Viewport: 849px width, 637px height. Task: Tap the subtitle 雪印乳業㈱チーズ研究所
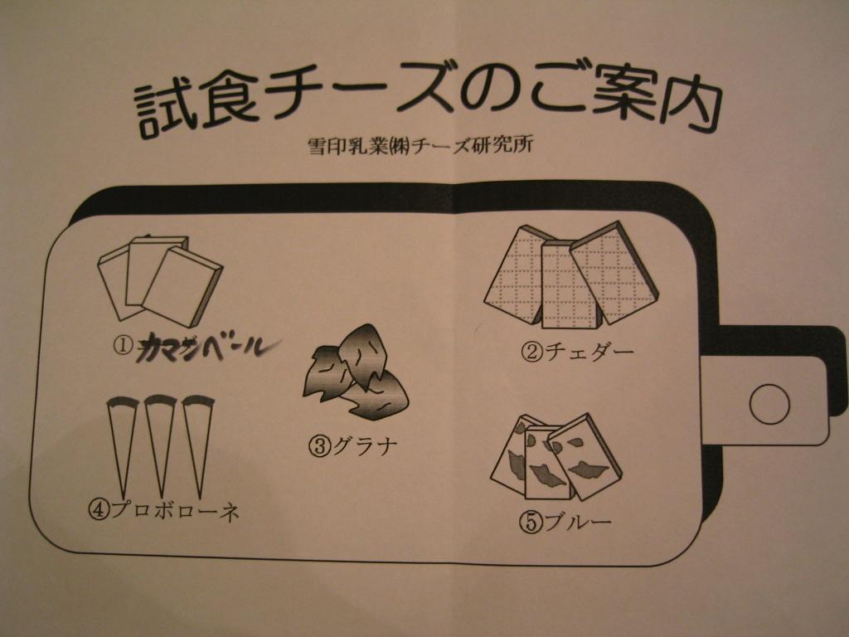[x=420, y=145]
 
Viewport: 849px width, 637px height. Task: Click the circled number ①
[x=123, y=345]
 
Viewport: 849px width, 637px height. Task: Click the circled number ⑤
[x=531, y=523]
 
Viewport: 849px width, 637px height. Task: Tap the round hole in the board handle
[x=769, y=404]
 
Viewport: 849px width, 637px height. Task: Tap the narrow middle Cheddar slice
[x=570, y=284]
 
